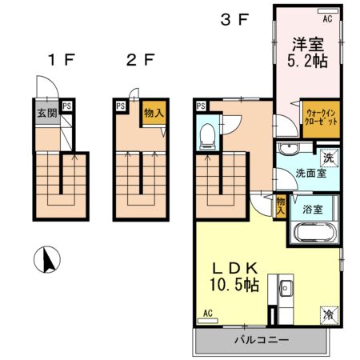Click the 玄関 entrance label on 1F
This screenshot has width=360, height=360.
[x=47, y=113]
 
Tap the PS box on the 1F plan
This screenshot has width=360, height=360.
[x=66, y=106]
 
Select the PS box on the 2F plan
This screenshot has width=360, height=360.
[x=121, y=106]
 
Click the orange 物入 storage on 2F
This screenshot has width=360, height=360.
[x=154, y=113]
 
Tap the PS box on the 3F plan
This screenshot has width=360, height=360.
[x=201, y=106]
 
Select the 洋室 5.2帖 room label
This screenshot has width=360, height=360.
[x=307, y=53]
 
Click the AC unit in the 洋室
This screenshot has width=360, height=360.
[x=328, y=11]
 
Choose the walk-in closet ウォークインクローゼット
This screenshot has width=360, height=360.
[x=321, y=119]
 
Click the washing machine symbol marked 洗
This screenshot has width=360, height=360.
[x=329, y=158]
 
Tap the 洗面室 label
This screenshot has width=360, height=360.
[x=311, y=174]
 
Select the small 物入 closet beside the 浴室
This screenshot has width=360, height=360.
[x=280, y=206]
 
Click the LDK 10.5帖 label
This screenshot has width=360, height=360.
[x=234, y=277]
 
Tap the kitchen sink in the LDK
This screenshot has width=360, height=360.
[x=286, y=288]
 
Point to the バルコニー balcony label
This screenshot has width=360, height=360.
[x=262, y=340]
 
